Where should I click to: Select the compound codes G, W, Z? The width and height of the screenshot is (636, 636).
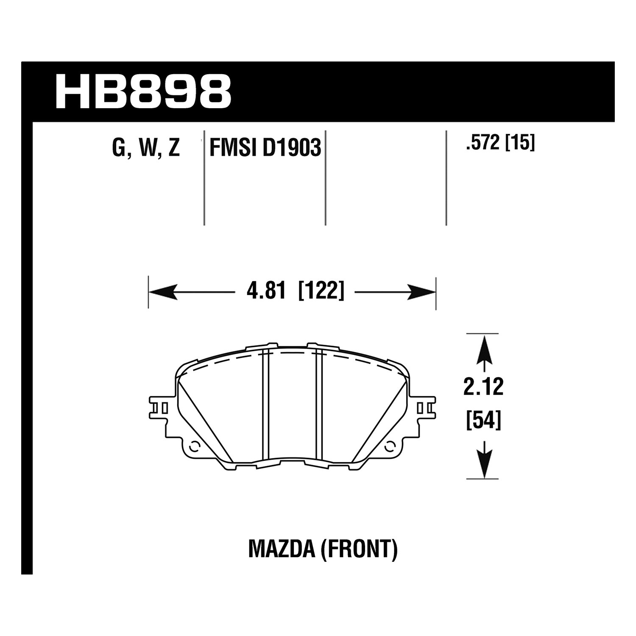146,149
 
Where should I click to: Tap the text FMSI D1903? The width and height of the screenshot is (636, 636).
265,148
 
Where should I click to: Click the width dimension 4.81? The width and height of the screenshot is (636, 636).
266,292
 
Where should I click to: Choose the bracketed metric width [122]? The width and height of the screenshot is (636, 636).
321,292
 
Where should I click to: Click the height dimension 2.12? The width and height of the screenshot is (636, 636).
483,387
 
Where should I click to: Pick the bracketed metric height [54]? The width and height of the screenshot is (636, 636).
483,421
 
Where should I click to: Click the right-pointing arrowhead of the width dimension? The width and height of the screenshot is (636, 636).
422,292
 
